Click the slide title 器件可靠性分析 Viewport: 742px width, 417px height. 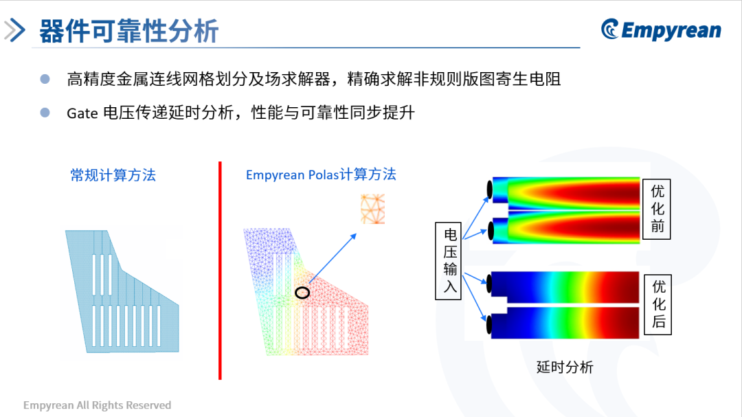tap(128, 31)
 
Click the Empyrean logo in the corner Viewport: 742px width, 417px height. tap(661, 30)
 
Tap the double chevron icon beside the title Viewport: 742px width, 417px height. tap(14, 30)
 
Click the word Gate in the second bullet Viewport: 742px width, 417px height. tap(82, 113)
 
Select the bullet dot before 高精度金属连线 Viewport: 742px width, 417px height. tap(45, 78)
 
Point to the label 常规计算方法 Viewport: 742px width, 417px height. tap(113, 175)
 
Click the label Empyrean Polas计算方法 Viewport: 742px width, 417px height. tap(321, 174)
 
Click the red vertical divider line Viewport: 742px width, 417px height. tap(220, 270)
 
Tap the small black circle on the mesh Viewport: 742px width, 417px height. tap(302, 293)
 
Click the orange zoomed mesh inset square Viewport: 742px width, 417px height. tap(373, 209)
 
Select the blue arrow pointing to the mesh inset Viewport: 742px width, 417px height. tap(333, 258)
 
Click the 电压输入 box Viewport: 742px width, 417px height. tap(448, 261)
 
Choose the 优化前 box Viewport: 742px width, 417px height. tap(657, 210)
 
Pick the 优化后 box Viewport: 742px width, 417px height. tap(658, 304)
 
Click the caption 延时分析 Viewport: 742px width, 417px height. tap(565, 367)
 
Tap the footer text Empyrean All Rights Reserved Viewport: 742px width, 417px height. tap(97, 405)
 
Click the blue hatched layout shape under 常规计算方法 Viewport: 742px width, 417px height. tap(122, 291)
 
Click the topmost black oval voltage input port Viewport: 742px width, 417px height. tap(490, 190)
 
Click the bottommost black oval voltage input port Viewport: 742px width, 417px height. tap(489, 325)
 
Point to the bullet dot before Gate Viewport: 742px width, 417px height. tap(45, 113)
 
